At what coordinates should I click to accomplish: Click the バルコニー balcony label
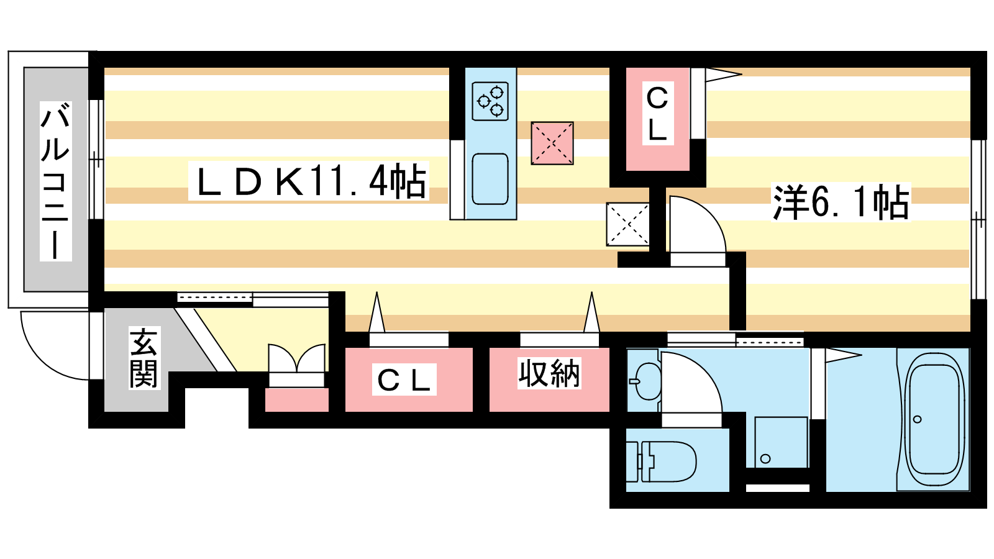pos(55,181)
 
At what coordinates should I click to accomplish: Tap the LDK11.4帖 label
pos(309,182)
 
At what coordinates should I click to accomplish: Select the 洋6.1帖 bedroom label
pos(841,202)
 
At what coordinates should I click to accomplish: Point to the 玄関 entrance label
pos(144,358)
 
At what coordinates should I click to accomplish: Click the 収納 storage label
pos(549,374)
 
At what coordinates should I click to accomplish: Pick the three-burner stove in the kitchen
pos(490,101)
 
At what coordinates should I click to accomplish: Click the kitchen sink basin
pos(490,179)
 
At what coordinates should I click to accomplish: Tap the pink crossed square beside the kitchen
pos(552,143)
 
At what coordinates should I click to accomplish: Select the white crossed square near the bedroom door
pos(627,224)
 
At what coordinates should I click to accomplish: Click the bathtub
pos(934,419)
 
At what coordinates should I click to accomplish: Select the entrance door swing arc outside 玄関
pos(53,348)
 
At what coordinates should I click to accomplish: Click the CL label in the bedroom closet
pos(657,114)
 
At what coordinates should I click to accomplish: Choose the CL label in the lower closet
pos(404,380)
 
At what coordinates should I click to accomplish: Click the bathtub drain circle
pos(918,419)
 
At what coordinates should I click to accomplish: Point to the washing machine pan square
pos(781,442)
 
